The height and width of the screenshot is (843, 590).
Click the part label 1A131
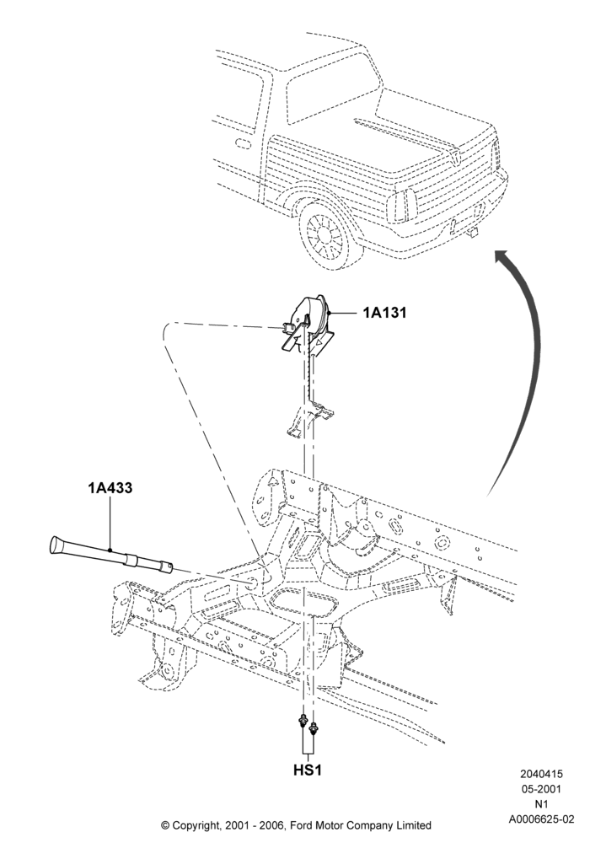pos(384,313)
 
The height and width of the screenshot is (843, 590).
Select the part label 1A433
pos(110,488)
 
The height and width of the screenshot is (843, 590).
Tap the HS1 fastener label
pos(308,770)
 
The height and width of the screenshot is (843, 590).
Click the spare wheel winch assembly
pos(308,325)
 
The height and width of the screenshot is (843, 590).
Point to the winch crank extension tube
pos(110,556)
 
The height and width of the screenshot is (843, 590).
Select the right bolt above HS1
pos(314,729)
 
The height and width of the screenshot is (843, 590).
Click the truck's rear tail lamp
pos(407,205)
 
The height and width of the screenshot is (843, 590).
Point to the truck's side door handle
pos(243,144)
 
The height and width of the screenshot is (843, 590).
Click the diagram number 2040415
pos(541,774)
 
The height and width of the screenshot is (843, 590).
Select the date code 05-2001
pos(541,789)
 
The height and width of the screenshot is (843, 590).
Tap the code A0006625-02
pos(541,819)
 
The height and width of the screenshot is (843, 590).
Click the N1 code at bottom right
pos(541,804)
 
